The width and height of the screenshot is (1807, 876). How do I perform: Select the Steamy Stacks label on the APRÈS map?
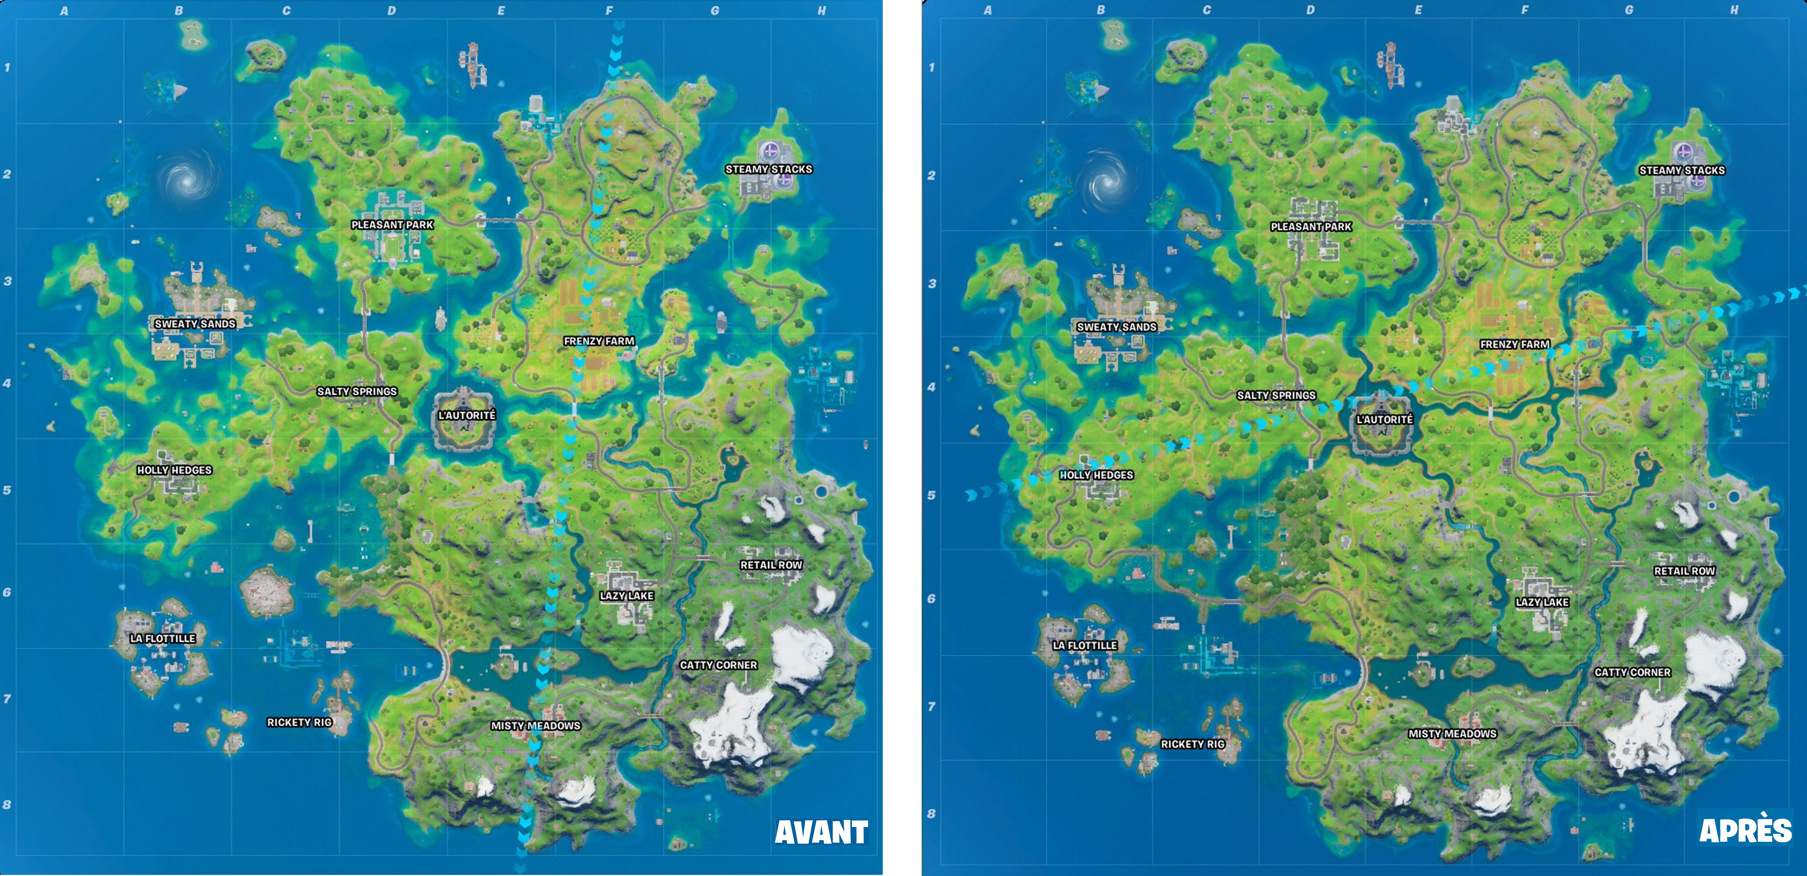(x=1681, y=170)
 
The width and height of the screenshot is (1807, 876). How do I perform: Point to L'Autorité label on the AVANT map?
(x=466, y=415)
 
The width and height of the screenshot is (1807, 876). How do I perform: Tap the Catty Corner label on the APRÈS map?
(x=1632, y=672)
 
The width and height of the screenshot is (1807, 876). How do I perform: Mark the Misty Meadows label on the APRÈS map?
(x=1452, y=734)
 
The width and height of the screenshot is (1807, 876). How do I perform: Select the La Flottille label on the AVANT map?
(x=163, y=638)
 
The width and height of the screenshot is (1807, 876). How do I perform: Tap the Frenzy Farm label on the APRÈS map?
(x=1514, y=344)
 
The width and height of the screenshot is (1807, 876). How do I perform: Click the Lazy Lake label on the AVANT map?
(x=626, y=596)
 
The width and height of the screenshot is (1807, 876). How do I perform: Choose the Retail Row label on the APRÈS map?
(x=1684, y=571)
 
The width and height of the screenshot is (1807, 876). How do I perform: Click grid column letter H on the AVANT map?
(x=821, y=11)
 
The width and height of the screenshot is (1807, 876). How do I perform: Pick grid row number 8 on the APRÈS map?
(x=931, y=814)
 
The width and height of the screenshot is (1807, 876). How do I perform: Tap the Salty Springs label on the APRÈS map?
(x=1276, y=396)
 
